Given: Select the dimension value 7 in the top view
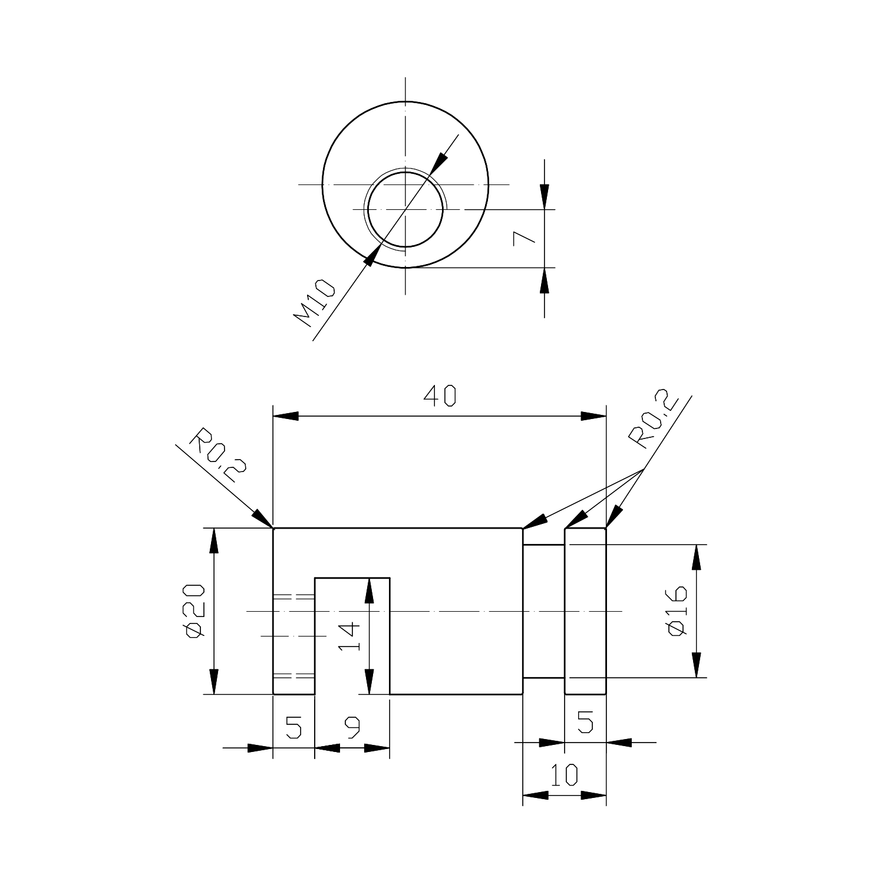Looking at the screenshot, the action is click(523, 238).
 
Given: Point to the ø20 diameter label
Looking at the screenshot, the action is click(194, 611).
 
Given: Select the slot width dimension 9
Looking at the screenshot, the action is click(352, 729).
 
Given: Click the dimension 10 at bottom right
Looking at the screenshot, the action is click(565, 776).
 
